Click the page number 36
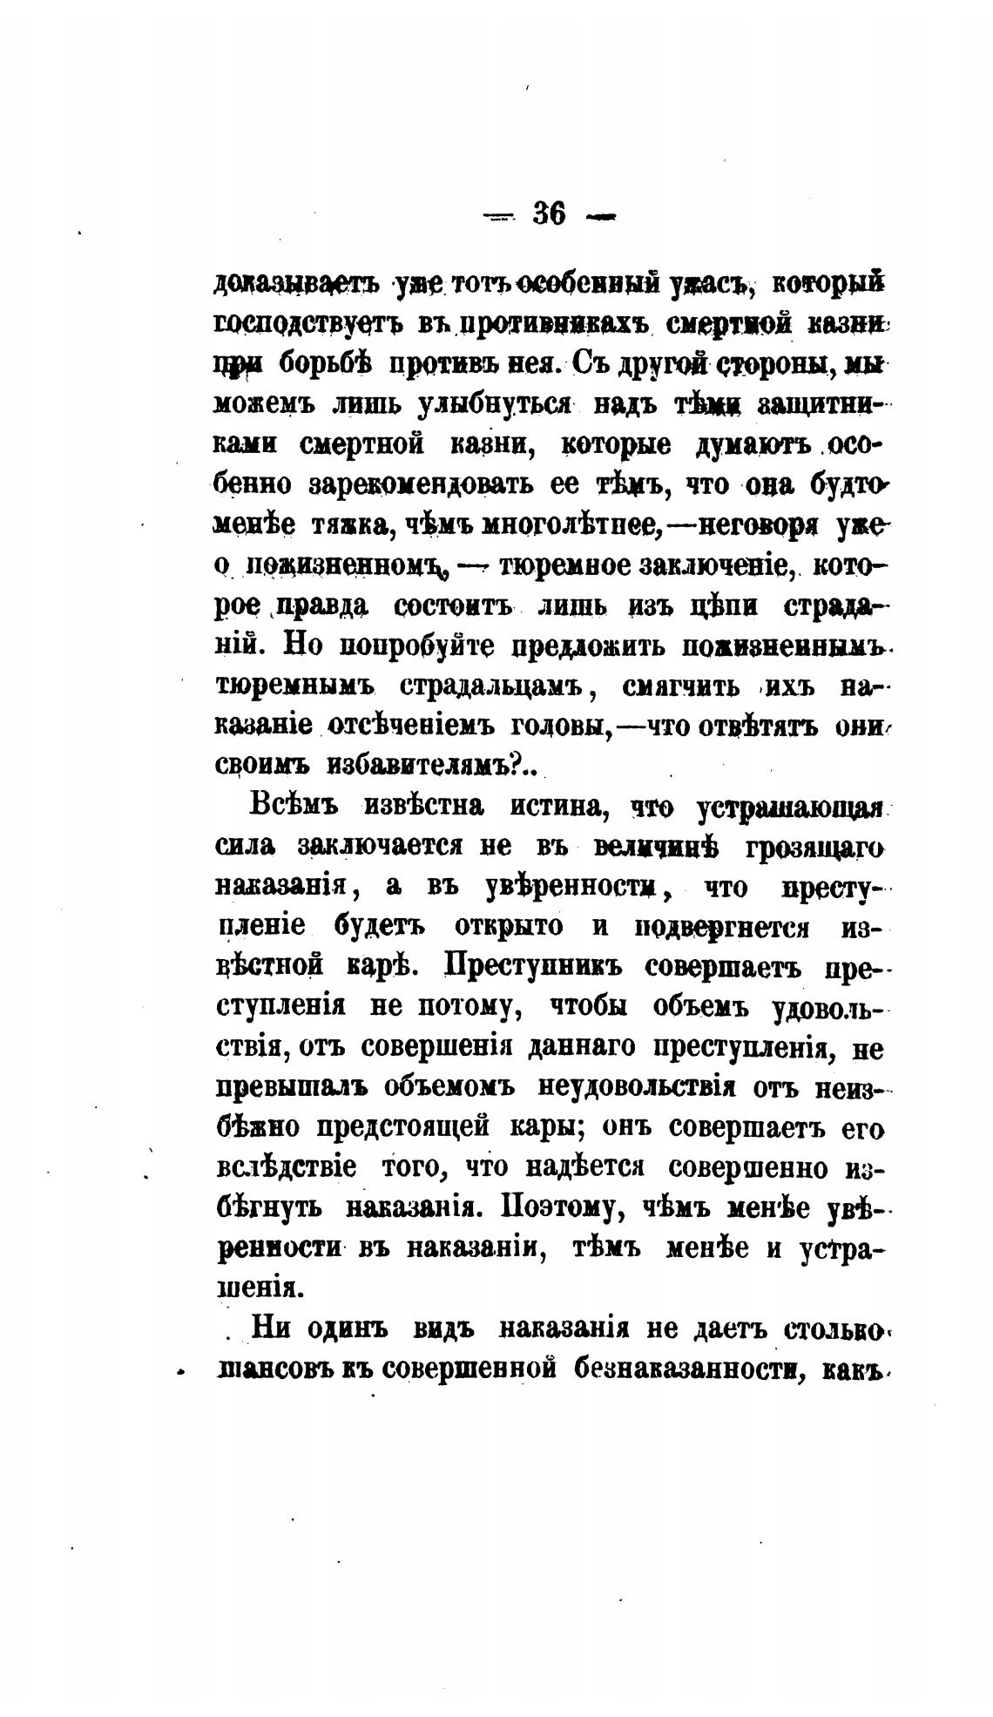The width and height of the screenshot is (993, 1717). pyautogui.click(x=549, y=213)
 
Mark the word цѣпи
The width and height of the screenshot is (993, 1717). pyautogui.click(x=722, y=605)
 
